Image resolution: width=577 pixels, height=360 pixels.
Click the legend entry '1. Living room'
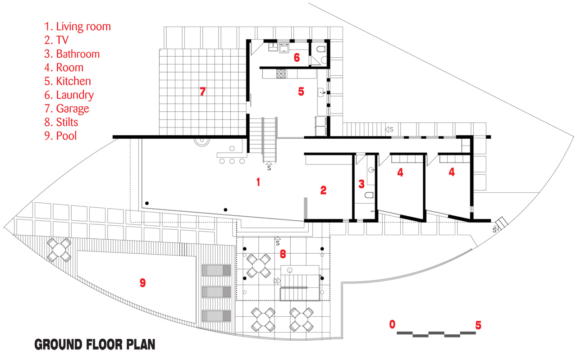(x=77, y=27)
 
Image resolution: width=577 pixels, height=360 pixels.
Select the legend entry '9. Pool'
(x=60, y=136)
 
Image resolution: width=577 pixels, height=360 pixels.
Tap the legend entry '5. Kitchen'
(x=68, y=81)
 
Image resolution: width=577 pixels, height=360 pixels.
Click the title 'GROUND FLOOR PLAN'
(x=95, y=345)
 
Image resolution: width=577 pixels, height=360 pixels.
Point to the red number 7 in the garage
(x=202, y=91)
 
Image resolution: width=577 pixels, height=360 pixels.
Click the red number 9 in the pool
(x=143, y=283)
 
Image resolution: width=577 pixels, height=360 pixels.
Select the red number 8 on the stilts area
(x=283, y=254)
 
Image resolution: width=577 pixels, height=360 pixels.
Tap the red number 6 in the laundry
(x=297, y=57)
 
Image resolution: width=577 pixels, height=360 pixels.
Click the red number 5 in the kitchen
(x=301, y=91)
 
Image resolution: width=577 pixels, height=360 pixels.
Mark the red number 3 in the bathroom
(x=362, y=184)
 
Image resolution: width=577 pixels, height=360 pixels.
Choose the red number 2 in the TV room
(x=323, y=190)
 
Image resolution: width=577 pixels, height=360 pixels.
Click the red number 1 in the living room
(x=258, y=182)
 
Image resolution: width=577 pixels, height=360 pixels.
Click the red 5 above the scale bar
(x=478, y=325)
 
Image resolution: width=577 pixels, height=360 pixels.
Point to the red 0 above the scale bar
(x=392, y=324)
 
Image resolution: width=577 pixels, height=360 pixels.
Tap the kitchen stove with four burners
(x=281, y=73)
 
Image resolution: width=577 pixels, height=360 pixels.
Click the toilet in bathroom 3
(x=369, y=195)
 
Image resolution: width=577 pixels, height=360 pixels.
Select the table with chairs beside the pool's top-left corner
(x=59, y=250)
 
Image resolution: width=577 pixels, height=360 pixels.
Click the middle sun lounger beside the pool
(x=216, y=292)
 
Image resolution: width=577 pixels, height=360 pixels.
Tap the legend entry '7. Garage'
(x=66, y=109)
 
